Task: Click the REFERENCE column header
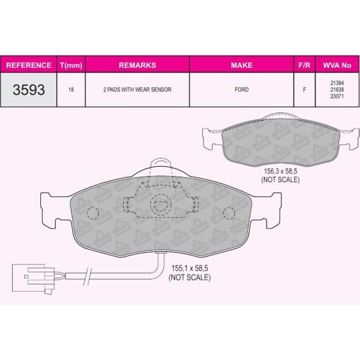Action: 29,65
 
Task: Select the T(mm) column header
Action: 71,65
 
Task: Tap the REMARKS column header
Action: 137,65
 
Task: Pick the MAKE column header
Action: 242,65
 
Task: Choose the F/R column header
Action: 304,65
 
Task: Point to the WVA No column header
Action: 337,65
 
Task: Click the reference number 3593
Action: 29,89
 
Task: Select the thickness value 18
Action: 71,89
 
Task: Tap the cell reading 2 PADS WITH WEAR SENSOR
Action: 137,89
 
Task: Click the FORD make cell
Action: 242,89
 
